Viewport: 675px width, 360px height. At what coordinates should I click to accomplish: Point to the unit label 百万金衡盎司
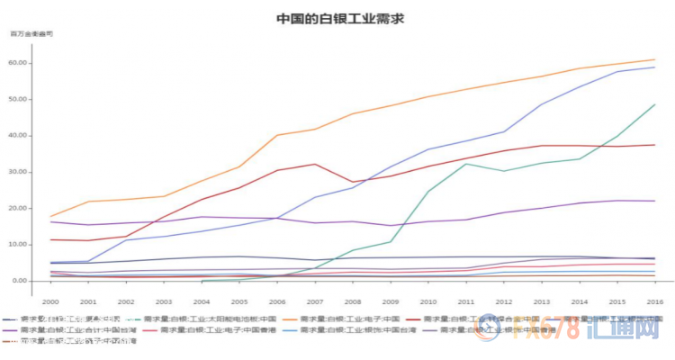(31, 33)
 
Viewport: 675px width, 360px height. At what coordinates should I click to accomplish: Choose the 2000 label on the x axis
(52, 302)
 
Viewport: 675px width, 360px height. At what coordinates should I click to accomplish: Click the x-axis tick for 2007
(315, 302)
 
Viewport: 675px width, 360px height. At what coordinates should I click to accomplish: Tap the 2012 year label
(503, 302)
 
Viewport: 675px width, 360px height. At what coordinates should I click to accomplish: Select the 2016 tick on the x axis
(653, 302)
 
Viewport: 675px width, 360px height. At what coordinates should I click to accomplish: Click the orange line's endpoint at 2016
(654, 60)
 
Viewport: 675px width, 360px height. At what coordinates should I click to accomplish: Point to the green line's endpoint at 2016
(654, 104)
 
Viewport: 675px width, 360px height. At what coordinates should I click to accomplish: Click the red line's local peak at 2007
(315, 164)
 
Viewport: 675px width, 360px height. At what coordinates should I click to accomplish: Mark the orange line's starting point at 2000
(52, 216)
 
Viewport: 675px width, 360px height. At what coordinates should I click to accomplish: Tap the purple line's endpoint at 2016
(654, 201)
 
